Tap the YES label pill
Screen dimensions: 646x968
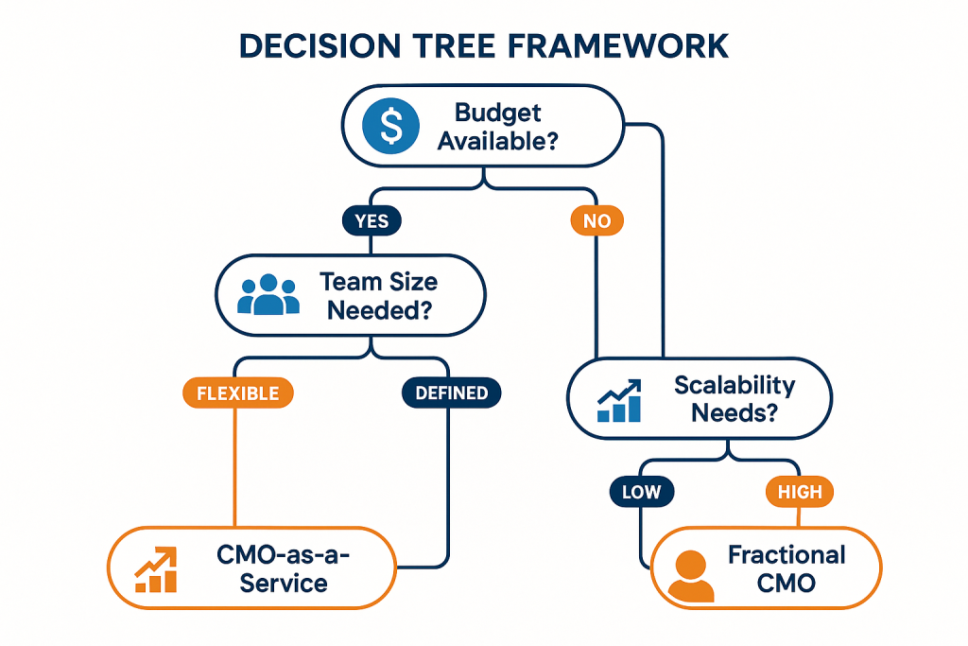(371, 221)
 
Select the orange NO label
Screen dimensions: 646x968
(597, 221)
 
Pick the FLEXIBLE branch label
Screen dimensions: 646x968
(237, 392)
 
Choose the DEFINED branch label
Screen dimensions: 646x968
(452, 392)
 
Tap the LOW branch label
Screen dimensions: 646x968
(642, 492)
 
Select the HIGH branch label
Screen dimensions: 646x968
(800, 492)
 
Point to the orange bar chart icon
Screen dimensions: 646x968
(157, 568)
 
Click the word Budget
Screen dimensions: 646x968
(498, 113)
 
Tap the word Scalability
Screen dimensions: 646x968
(735, 385)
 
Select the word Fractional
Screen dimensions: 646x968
(786, 554)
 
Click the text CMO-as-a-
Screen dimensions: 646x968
(284, 555)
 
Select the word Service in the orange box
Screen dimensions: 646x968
(284, 583)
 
